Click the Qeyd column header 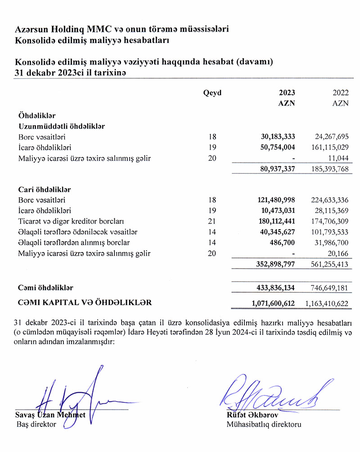point(212,93)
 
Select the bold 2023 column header point(287,93)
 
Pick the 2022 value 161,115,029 point(329,147)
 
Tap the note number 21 point(213,221)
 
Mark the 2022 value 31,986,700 point(331,243)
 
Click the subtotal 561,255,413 point(329,265)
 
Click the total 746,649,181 point(329,287)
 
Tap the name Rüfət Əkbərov point(249,416)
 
